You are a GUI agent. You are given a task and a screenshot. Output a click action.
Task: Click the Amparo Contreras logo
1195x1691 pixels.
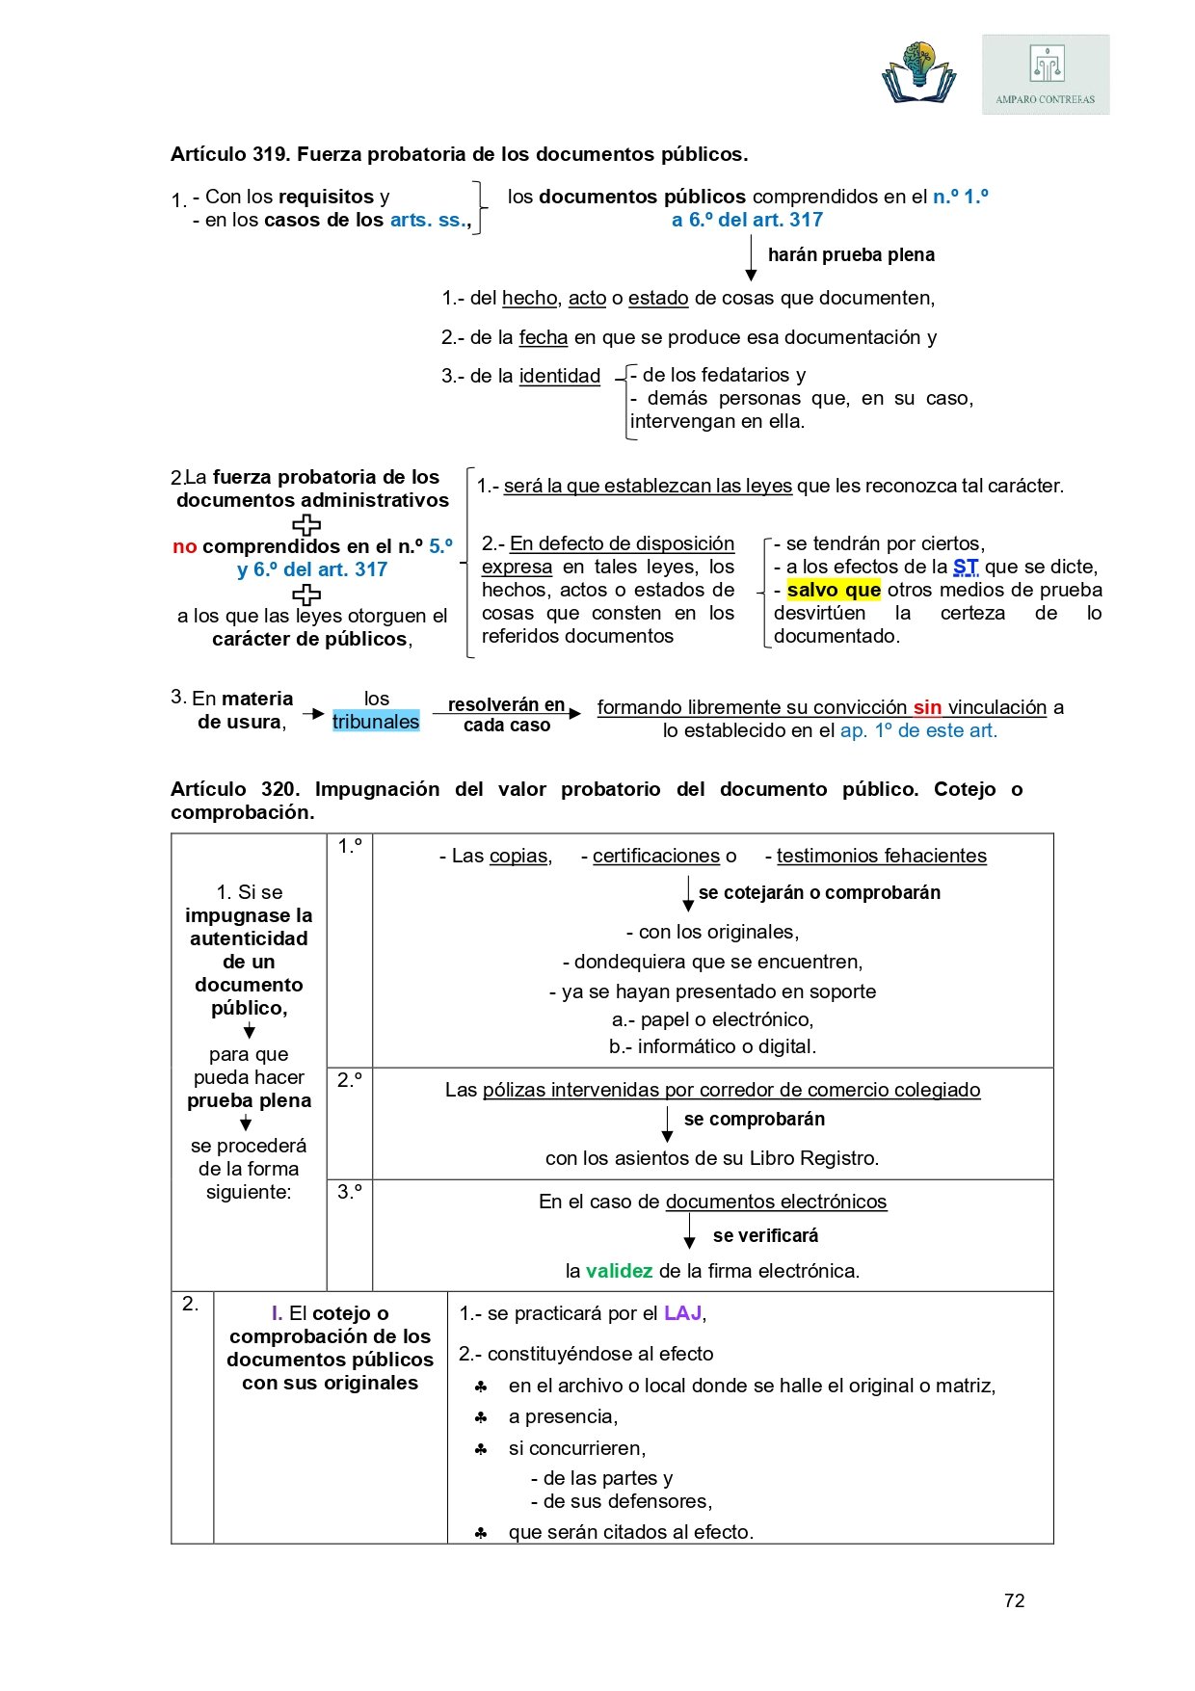[x=1046, y=75]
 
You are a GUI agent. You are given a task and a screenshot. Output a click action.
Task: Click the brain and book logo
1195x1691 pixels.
[x=918, y=73]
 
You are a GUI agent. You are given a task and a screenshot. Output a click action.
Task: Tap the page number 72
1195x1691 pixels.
[x=1014, y=1600]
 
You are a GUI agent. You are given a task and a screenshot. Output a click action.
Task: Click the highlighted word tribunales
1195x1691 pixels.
[x=376, y=722]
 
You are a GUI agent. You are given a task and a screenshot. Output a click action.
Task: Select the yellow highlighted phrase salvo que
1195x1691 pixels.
[x=834, y=590]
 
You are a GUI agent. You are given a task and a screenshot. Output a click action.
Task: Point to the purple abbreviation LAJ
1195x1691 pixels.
[x=683, y=1313]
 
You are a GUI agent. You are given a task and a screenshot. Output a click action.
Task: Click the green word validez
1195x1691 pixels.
[x=619, y=1271]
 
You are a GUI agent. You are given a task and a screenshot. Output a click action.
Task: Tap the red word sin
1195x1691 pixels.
[x=927, y=707]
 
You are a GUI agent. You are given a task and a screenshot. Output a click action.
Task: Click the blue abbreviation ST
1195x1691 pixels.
[x=965, y=567]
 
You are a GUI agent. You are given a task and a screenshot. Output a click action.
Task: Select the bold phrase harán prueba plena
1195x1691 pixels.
[x=851, y=255]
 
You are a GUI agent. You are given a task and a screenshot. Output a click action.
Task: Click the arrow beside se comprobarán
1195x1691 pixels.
[x=667, y=1123]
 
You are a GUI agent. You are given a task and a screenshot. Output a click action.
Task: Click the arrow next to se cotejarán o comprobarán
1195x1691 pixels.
[x=688, y=893]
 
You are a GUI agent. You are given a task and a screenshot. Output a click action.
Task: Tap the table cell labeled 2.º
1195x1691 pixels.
[x=349, y=1081]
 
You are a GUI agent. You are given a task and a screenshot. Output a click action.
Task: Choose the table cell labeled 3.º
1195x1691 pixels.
[x=349, y=1192]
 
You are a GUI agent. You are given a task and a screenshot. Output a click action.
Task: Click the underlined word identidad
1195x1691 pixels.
[x=559, y=376]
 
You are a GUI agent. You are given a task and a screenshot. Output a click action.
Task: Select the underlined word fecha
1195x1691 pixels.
[x=544, y=337]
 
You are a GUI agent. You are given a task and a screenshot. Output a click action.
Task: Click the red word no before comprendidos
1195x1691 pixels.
[x=185, y=546]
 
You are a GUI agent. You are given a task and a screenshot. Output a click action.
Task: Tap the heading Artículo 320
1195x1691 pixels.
[x=235, y=789]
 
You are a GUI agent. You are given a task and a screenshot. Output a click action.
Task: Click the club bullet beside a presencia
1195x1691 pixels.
[x=481, y=1417]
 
